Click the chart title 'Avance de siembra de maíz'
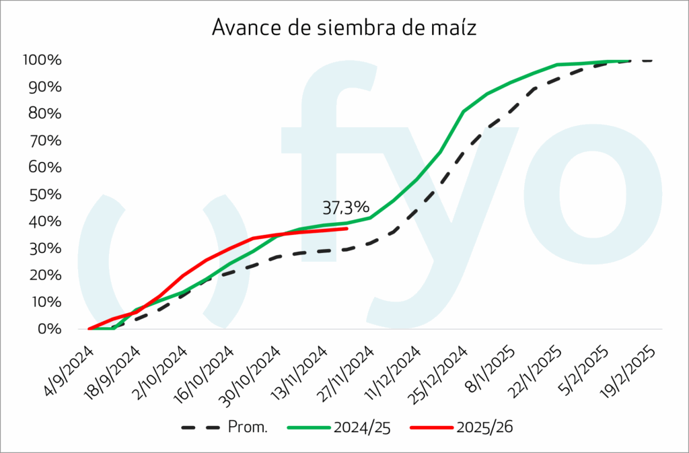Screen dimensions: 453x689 tap(344, 27)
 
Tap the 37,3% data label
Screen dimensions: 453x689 tap(346, 206)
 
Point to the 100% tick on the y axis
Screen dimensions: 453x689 tap(42, 61)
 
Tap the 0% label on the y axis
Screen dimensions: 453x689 tap(49, 329)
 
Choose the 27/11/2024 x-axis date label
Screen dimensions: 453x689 tap(347, 372)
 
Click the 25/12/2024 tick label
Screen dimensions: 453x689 tap(441, 372)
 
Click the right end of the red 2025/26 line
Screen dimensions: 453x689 tap(347, 228)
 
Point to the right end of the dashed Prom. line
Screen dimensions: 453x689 tap(652, 61)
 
